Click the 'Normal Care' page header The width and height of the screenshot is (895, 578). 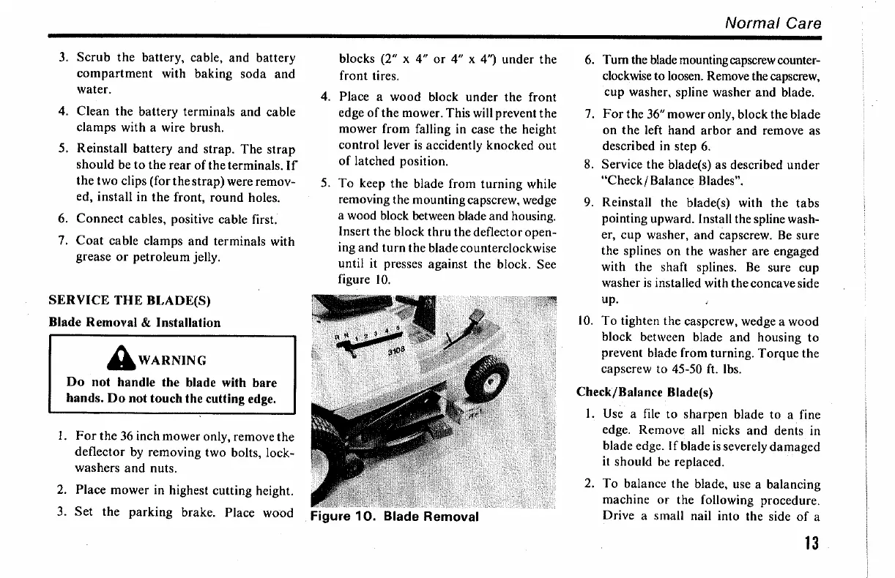coord(773,23)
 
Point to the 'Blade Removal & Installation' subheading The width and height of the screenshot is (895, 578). coord(134,322)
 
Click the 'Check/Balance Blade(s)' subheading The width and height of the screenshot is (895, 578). coord(645,392)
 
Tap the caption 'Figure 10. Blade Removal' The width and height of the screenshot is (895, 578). coord(395,517)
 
